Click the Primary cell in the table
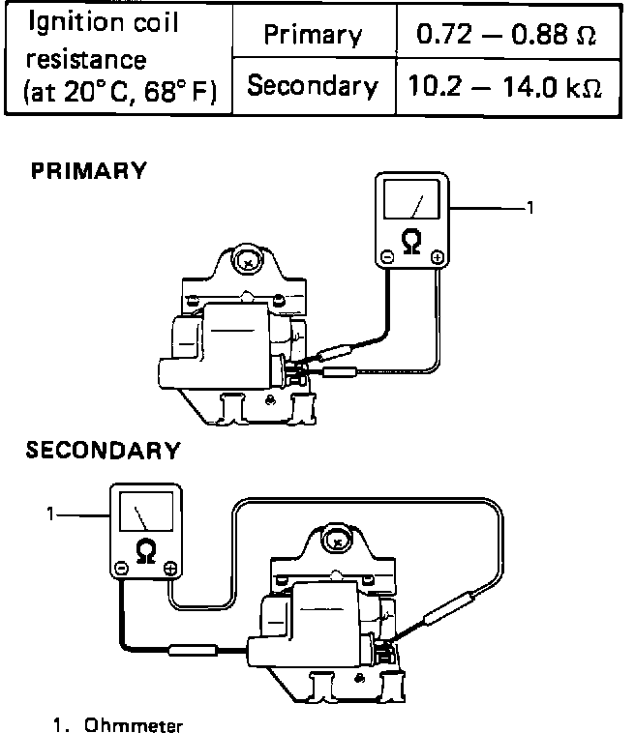pyautogui.click(x=313, y=36)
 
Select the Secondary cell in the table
pyautogui.click(x=313, y=86)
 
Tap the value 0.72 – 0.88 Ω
pyautogui.click(x=504, y=35)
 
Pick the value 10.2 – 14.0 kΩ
pyautogui.click(x=504, y=86)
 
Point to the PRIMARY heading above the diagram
pyautogui.click(x=88, y=171)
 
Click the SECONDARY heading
pyautogui.click(x=103, y=450)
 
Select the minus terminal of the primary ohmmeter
pyautogui.click(x=386, y=256)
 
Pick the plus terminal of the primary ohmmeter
pyautogui.click(x=438, y=256)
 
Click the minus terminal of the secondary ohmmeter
pyautogui.click(x=121, y=567)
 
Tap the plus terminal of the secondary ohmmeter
pyautogui.click(x=171, y=567)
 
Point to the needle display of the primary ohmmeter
pyautogui.click(x=411, y=203)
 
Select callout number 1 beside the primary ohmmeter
pyautogui.click(x=529, y=206)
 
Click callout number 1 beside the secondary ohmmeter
pyautogui.click(x=51, y=513)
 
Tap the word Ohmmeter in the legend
pyautogui.click(x=134, y=723)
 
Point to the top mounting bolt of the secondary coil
pyautogui.click(x=338, y=542)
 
